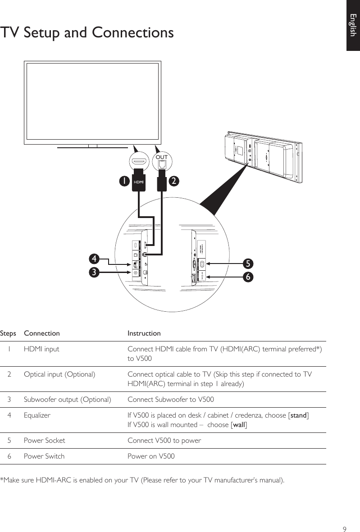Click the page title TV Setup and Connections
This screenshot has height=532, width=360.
87,33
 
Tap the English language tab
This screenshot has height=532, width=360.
353,25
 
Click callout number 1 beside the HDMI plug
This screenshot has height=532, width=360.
122,181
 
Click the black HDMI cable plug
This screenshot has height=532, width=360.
139,181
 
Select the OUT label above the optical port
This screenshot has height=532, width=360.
161,157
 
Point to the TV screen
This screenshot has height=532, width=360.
92,101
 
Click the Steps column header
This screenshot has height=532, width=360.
8,333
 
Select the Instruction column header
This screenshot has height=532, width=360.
144,333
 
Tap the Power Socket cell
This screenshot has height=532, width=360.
44,440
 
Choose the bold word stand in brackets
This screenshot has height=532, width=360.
298,415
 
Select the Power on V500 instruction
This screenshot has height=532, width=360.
151,456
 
